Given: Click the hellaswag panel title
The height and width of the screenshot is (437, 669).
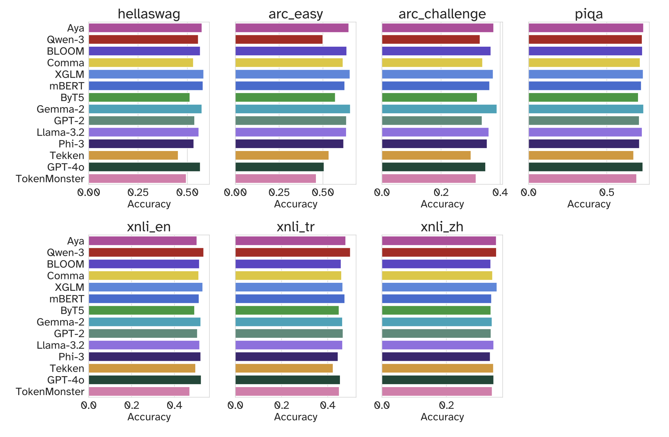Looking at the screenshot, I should pos(149,14).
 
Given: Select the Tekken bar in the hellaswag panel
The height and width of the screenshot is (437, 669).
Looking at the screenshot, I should pos(133,155).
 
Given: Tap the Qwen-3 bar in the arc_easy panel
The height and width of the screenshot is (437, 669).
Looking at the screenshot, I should pos(279,40).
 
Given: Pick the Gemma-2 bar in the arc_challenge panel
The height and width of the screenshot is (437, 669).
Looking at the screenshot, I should pos(439,109).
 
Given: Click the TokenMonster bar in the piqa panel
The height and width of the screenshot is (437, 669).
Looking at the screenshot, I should pos(582,179).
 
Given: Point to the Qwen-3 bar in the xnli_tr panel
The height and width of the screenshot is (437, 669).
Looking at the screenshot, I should pos(293,252).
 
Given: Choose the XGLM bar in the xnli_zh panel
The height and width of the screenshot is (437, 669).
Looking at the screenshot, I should pos(439,287).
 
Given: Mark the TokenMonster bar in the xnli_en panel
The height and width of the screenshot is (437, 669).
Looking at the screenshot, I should pos(139,392).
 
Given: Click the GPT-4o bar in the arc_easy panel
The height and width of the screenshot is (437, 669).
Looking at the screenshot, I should pos(279,167).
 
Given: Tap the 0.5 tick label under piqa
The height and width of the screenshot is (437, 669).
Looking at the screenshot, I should pos(607,193).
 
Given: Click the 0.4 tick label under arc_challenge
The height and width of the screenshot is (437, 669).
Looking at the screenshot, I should pos(500,193).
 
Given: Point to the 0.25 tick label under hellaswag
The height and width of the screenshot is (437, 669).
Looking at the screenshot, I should pos(138,193).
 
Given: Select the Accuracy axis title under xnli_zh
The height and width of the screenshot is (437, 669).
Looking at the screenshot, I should pos(442,417).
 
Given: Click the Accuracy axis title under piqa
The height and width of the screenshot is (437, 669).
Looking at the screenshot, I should pos(589,204).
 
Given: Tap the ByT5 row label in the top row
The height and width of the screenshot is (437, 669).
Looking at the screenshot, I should pos(72,98).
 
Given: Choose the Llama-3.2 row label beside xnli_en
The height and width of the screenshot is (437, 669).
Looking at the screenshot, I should pos(60,345).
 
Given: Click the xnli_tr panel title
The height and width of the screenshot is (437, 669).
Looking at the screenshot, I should pos(295,227).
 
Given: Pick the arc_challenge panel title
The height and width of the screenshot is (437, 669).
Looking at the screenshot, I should pos(442,14).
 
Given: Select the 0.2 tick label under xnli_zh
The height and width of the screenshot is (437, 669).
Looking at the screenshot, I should pos(447,406).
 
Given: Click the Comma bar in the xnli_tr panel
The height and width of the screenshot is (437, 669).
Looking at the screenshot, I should pos(288,276).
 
